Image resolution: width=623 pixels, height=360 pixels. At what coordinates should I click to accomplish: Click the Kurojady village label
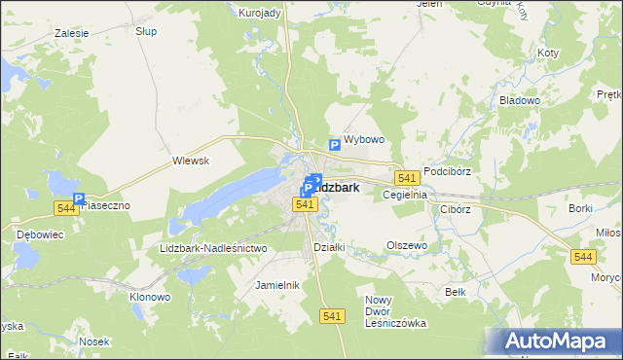[260, 13]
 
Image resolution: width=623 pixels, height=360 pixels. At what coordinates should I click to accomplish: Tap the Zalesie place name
[73, 32]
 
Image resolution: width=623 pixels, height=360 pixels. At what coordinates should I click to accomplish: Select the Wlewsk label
[191, 161]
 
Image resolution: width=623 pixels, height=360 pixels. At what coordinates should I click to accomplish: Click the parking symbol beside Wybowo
[334, 145]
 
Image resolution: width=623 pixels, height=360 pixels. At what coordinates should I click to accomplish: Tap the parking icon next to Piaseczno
[79, 198]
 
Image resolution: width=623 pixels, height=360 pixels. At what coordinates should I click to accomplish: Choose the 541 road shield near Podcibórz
[407, 177]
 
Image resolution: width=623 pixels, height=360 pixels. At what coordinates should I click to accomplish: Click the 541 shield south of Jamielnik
[332, 316]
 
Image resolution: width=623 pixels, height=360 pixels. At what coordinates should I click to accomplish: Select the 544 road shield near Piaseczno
[66, 208]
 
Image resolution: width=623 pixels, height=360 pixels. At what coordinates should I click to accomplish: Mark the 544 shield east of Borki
[583, 255]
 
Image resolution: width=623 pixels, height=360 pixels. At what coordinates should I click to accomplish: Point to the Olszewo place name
[407, 246]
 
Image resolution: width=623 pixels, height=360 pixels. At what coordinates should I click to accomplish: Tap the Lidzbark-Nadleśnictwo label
[212, 249]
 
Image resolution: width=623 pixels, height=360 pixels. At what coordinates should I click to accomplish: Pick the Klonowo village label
[151, 296]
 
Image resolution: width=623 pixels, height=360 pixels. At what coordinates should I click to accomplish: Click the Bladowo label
[546, 100]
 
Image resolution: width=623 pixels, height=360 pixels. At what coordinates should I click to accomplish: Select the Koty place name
[548, 53]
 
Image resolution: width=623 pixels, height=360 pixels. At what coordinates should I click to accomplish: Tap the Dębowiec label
[38, 234]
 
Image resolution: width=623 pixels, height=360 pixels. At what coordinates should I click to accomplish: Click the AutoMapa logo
[559, 341]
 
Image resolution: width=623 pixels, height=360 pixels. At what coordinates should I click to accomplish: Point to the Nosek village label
[94, 342]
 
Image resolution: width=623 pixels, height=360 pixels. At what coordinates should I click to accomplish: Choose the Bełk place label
[455, 292]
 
